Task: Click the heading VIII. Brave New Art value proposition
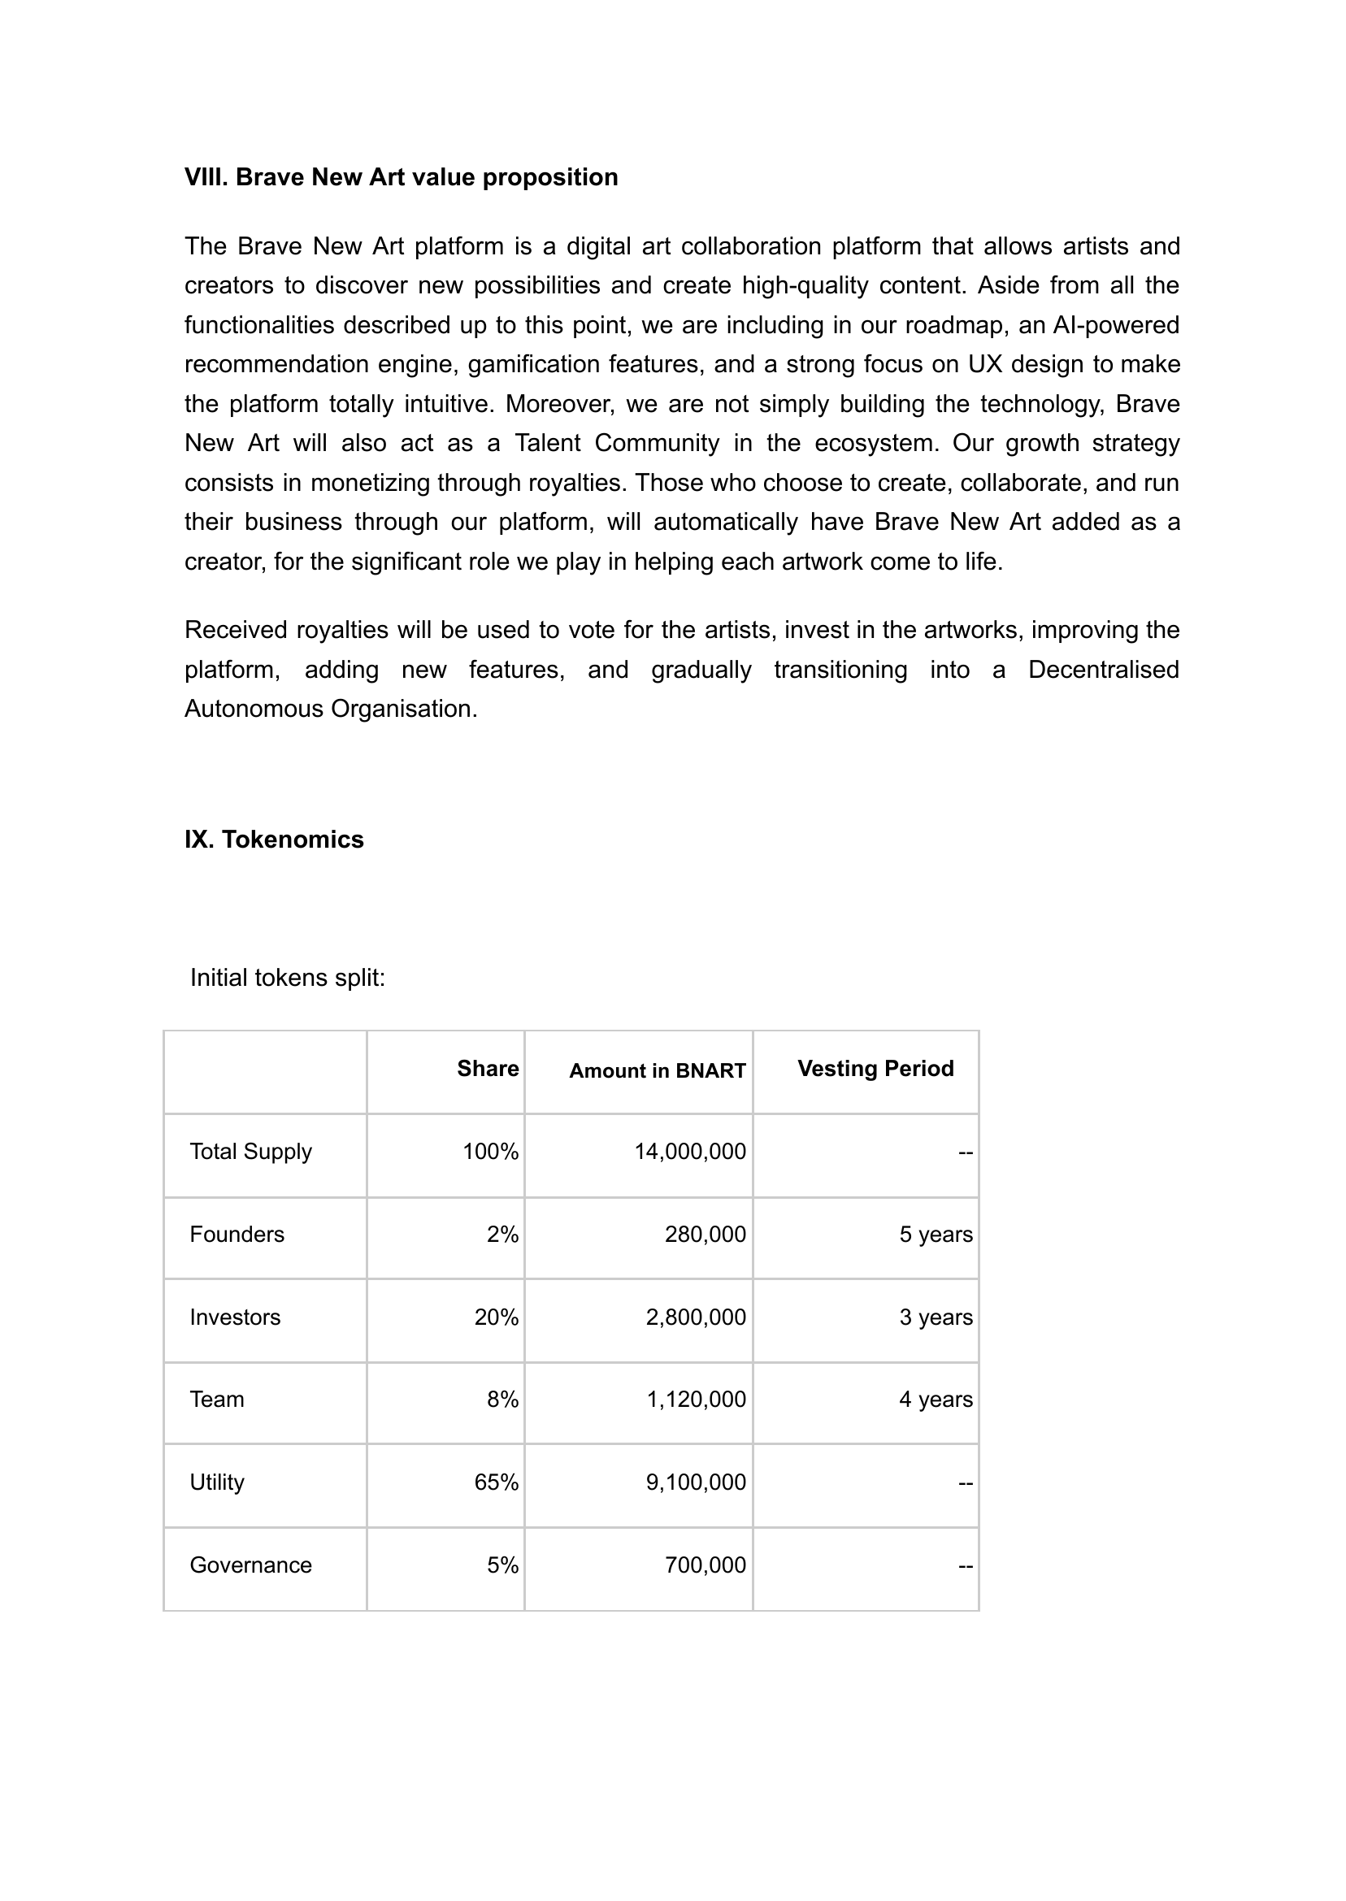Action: click(402, 177)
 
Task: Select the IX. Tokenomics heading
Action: click(274, 840)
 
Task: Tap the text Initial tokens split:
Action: click(288, 978)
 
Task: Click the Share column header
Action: click(488, 1069)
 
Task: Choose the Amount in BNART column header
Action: click(658, 1070)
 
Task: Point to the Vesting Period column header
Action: click(875, 1069)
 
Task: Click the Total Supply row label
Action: click(250, 1152)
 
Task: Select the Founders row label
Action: click(237, 1235)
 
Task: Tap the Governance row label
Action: click(250, 1565)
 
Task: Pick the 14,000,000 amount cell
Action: click(689, 1152)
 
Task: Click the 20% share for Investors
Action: click(496, 1317)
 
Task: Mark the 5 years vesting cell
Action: click(935, 1235)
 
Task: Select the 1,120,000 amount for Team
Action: click(696, 1400)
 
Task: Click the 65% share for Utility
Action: click(496, 1482)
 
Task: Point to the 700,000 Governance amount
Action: click(705, 1565)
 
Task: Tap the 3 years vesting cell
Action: click(935, 1317)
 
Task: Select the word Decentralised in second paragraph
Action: click(1103, 670)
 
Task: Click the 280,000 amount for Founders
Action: click(705, 1235)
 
